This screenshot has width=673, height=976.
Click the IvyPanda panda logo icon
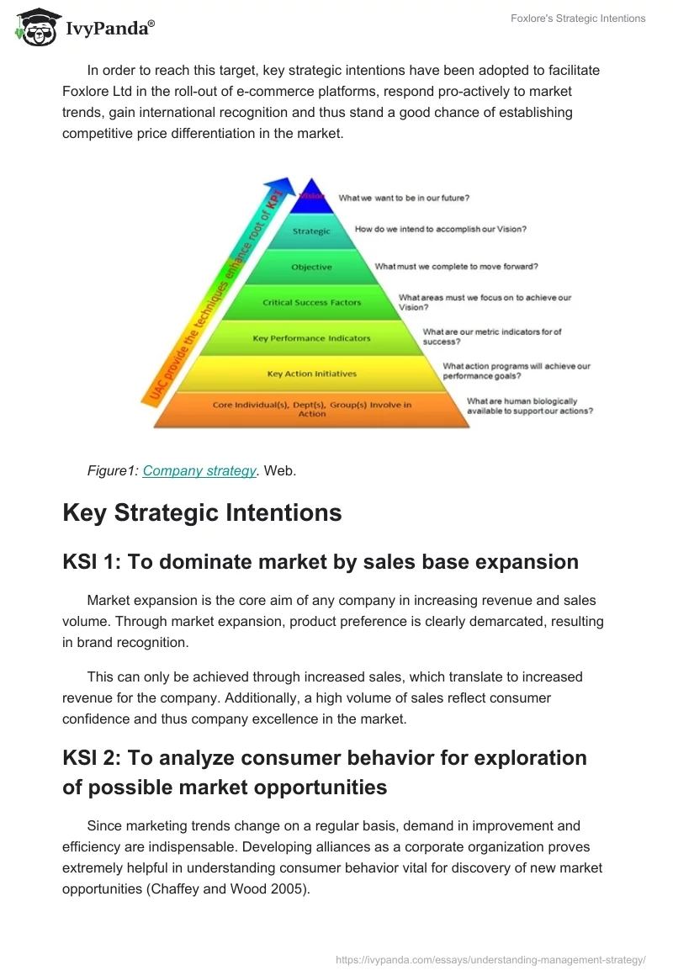pyautogui.click(x=34, y=27)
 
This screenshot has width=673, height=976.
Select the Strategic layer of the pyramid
pyautogui.click(x=312, y=231)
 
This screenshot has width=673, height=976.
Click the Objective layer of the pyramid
pyautogui.click(x=312, y=267)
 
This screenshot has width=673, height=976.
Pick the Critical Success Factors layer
pyautogui.click(x=312, y=302)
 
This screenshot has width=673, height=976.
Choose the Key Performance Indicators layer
pyautogui.click(x=312, y=338)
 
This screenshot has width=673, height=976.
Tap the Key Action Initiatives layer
pyautogui.click(x=312, y=374)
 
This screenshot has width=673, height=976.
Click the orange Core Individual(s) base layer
pyautogui.click(x=312, y=409)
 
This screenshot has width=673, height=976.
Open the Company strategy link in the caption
pyautogui.click(x=199, y=471)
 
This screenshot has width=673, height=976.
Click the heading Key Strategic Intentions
pyautogui.click(x=202, y=512)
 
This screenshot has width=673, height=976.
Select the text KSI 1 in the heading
pyautogui.click(x=88, y=562)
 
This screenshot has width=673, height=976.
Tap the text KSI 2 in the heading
pyautogui.click(x=88, y=757)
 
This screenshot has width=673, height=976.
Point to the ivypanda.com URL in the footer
pyautogui.click(x=490, y=959)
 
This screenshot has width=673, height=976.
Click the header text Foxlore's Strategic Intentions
pyautogui.click(x=578, y=19)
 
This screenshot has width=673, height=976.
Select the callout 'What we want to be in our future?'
pyautogui.click(x=404, y=199)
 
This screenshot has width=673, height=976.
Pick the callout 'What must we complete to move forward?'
pyautogui.click(x=456, y=267)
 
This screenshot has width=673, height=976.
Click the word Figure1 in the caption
pyautogui.click(x=112, y=471)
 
